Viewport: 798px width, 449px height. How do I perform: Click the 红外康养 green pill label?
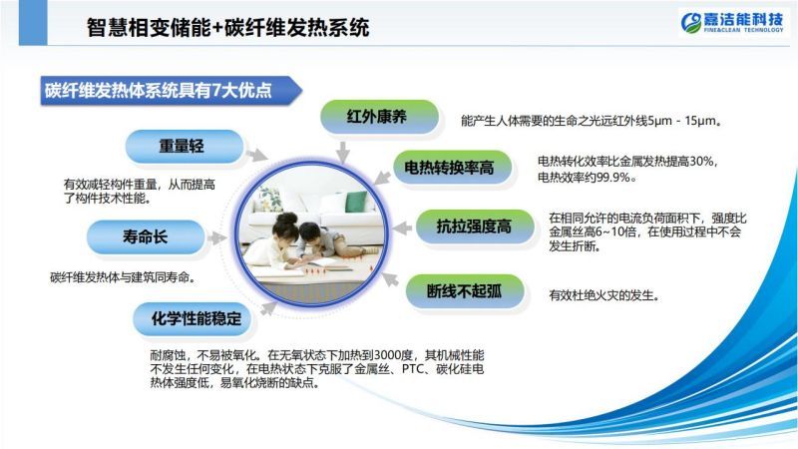pos(379,117)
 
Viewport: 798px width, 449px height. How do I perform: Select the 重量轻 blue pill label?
pos(185,146)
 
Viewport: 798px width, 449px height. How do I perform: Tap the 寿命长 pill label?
pos(146,236)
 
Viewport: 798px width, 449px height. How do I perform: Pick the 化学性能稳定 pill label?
pos(193,318)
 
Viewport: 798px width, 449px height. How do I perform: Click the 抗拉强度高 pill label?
pos(475,226)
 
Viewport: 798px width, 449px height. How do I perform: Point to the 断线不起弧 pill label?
pos(465,291)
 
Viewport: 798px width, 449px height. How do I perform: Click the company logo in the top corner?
pos(732,22)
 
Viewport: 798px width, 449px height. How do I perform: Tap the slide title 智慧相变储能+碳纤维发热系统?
pos(227,27)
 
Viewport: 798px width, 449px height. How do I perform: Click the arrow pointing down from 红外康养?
pos(342,153)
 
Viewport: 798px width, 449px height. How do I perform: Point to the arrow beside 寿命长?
pos(217,237)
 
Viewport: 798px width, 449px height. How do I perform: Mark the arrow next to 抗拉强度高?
pos(402,227)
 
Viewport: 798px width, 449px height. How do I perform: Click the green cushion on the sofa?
pos(356,202)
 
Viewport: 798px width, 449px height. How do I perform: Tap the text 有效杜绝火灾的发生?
pos(603,295)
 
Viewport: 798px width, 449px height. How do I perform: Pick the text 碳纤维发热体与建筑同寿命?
pos(122,277)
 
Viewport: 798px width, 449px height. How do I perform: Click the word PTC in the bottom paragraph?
pos(413,368)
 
